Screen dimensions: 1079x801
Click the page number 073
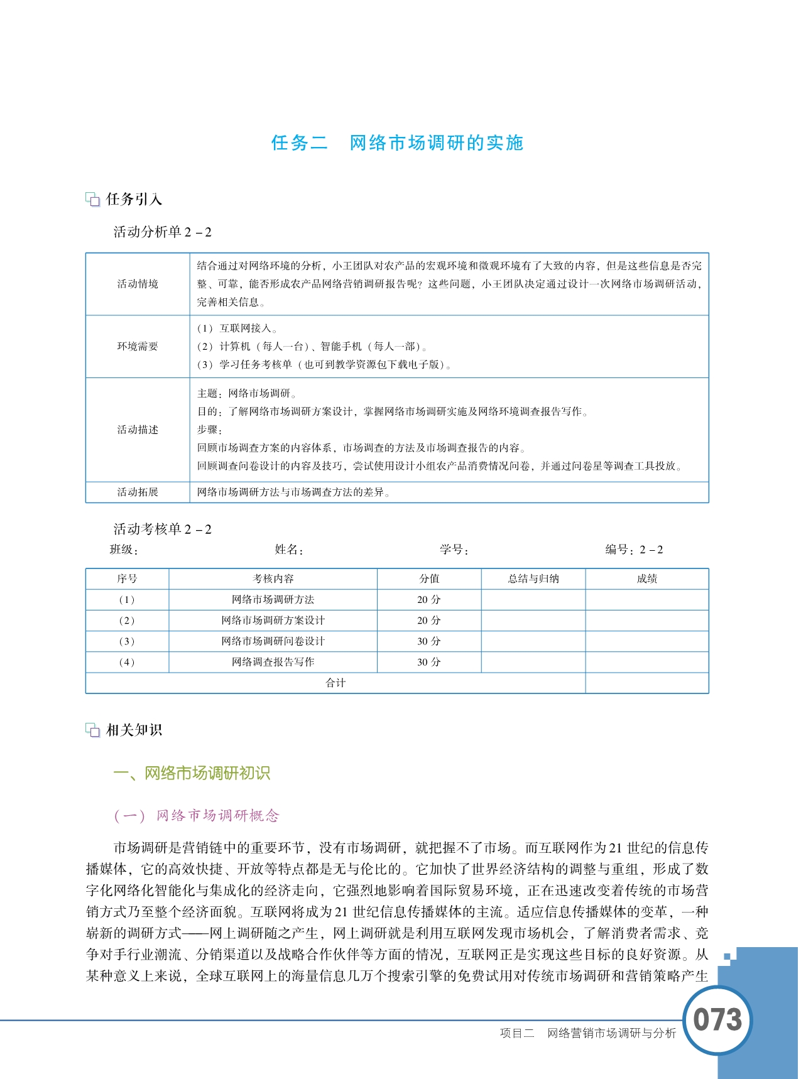717,1019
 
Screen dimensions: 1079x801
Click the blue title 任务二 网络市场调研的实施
397,143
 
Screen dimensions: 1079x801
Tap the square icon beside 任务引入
93,200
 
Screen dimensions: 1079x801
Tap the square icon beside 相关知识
93,730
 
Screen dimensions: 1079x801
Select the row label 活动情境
138,284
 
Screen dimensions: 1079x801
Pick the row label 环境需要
138,346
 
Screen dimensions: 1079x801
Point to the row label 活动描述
138,430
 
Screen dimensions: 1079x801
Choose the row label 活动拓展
138,492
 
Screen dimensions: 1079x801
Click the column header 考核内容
273,579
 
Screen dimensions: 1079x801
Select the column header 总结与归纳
533,579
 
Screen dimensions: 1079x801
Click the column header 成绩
646,579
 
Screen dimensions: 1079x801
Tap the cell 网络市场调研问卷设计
273,641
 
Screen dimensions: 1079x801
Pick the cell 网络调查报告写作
273,662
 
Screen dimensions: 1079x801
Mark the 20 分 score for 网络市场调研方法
429,600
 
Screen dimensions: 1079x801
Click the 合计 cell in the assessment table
335,683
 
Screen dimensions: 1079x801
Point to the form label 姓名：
289,550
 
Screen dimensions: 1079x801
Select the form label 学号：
454,550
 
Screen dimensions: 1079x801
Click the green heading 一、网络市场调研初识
192,773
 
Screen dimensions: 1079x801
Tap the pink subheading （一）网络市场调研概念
197,816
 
